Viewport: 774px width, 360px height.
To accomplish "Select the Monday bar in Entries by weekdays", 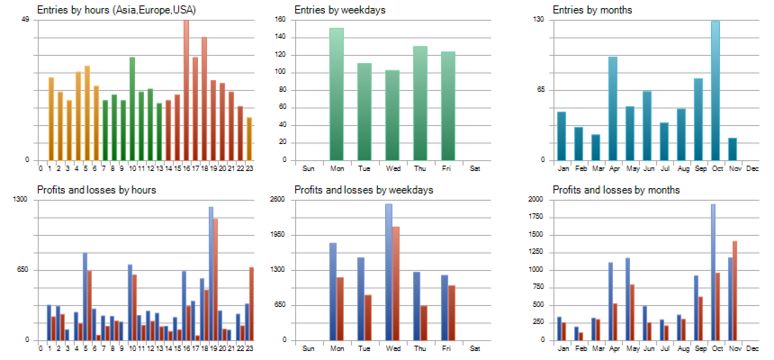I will click(x=337, y=94).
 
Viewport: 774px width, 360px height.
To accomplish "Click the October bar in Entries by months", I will click(x=715, y=90).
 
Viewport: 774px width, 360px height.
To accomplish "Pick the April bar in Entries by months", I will click(x=613, y=108).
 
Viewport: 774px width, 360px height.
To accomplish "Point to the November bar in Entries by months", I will click(x=733, y=148).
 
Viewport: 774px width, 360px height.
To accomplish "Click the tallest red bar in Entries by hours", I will click(x=186, y=90).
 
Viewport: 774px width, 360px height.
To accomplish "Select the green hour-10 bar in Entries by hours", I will click(x=132, y=108).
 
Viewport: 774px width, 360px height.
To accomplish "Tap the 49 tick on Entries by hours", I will click(x=24, y=20).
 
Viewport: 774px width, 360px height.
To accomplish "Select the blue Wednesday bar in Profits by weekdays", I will click(x=389, y=272).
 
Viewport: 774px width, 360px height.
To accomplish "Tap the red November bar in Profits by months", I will click(x=734, y=291).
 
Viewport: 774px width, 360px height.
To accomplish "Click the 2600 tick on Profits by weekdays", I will click(x=278, y=200).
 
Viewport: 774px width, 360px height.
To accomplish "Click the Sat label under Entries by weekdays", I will click(x=475, y=168).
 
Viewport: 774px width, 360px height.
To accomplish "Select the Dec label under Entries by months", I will click(x=752, y=168).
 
